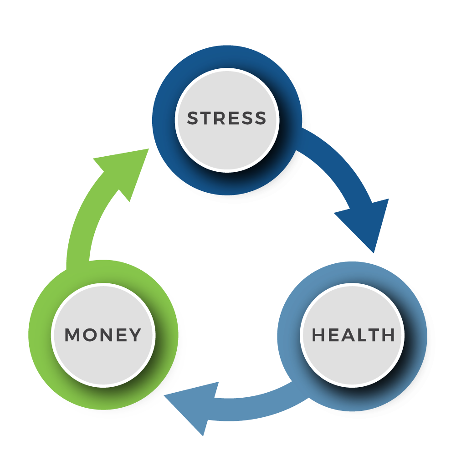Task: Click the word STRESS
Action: [x=226, y=118]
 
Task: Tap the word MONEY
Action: [x=103, y=335]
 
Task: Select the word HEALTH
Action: [x=353, y=335]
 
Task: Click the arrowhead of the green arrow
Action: [x=125, y=169]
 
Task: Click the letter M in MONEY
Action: [x=72, y=335]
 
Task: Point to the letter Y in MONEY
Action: [x=135, y=335]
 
